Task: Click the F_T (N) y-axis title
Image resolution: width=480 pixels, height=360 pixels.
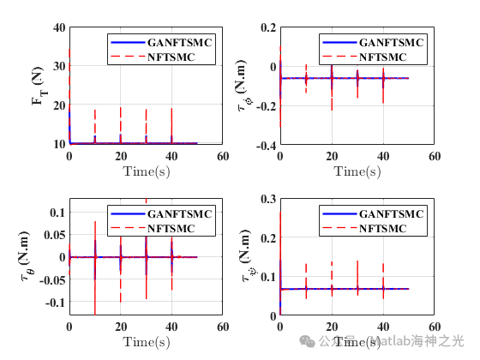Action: (x=38, y=86)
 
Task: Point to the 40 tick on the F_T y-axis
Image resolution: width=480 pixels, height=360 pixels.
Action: (x=59, y=27)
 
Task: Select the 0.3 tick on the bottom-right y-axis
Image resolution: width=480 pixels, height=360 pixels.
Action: (x=267, y=199)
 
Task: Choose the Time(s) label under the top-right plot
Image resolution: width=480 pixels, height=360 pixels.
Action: (x=357, y=171)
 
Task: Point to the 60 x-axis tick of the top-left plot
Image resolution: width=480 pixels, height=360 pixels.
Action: (x=223, y=157)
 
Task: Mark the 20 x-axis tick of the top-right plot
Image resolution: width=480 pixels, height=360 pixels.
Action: (x=332, y=157)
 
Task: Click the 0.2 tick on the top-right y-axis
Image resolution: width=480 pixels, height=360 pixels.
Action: (x=267, y=27)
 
